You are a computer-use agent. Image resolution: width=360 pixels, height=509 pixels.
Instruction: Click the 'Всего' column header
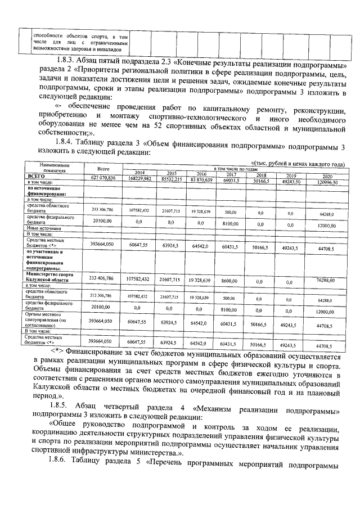pyautogui.click(x=102, y=169)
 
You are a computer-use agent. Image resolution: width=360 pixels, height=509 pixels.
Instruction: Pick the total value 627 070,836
pyautogui.click(x=103, y=178)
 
